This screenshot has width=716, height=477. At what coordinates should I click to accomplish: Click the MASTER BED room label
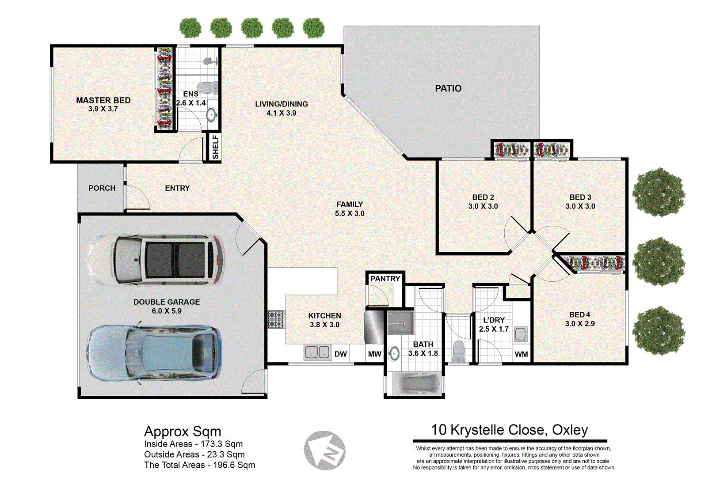tap(103, 100)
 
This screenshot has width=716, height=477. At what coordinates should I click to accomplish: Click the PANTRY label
tap(385, 279)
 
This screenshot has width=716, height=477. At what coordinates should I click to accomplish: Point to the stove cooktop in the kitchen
tap(276, 319)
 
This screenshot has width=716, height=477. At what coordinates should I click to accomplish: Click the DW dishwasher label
tap(340, 354)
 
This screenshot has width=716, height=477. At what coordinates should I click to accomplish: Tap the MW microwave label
tap(374, 354)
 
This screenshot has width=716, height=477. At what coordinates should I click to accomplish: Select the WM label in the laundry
tap(521, 354)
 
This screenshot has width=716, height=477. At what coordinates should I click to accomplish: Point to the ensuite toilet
tap(206, 87)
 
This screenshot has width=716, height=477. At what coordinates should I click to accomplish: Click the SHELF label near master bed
tap(215, 147)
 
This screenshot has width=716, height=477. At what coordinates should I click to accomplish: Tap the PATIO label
tap(448, 88)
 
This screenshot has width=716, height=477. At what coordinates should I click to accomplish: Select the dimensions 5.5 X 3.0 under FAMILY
tap(350, 213)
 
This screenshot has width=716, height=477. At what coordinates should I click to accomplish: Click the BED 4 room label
tap(579, 314)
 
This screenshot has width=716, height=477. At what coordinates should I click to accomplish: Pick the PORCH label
tap(102, 188)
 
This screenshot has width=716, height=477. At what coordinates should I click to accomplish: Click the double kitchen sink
tap(317, 352)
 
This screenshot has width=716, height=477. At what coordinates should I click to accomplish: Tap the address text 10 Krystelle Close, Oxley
tap(509, 430)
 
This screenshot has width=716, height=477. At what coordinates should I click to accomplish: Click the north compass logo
tap(325, 450)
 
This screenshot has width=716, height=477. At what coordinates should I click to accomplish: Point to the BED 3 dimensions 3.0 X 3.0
tap(580, 206)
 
